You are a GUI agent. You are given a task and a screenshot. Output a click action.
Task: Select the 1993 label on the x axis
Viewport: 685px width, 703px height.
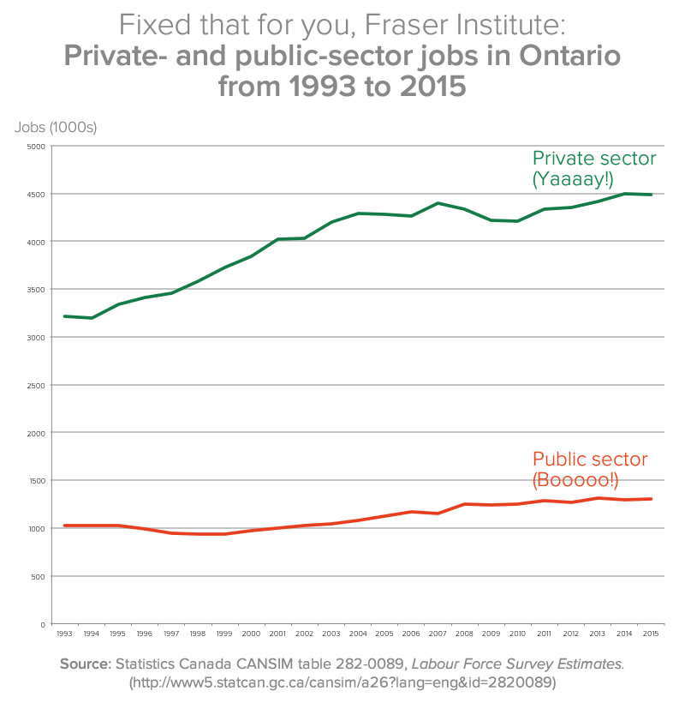[x=64, y=634]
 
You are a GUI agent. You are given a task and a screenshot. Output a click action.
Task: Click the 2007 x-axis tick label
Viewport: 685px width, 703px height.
[x=438, y=634]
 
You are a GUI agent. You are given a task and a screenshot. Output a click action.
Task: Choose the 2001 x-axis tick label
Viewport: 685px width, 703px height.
[x=277, y=634]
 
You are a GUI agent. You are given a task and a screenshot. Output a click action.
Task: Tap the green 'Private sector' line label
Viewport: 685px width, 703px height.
[x=594, y=159]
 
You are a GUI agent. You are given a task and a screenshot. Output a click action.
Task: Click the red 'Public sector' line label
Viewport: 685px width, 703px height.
[x=590, y=459]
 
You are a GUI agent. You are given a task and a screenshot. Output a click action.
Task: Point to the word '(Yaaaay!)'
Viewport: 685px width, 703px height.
[x=573, y=179]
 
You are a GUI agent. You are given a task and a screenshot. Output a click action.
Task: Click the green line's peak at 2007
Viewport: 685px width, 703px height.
[x=438, y=203]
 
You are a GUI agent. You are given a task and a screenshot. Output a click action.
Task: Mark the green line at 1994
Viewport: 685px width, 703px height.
[x=91, y=318]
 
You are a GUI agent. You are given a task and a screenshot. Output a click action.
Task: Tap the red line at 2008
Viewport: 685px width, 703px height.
[x=465, y=504]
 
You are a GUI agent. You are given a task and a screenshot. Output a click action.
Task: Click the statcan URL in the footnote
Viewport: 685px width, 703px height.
[x=342, y=682]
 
